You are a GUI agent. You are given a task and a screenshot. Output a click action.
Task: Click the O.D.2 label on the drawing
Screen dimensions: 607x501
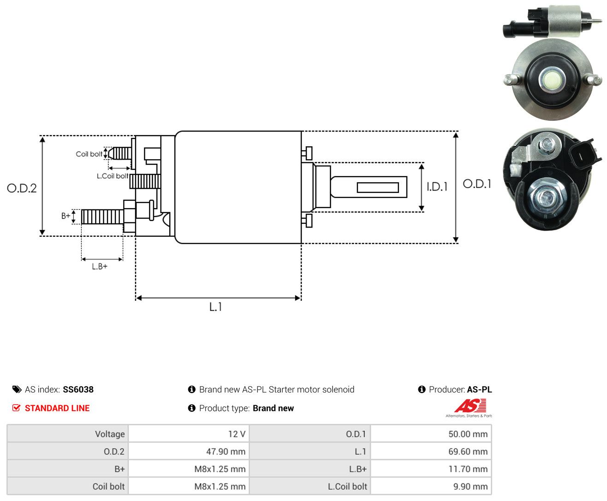(22, 188)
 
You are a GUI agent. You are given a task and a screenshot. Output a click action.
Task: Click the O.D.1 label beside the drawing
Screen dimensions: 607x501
(477, 184)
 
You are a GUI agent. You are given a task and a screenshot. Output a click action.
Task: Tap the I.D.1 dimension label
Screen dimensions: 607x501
(437, 187)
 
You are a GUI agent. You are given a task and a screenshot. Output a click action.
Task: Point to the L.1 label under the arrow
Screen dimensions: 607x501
(216, 307)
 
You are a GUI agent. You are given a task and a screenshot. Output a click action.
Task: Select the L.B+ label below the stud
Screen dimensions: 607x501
(100, 266)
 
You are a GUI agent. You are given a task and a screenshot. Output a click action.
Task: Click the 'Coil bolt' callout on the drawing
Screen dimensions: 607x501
(89, 154)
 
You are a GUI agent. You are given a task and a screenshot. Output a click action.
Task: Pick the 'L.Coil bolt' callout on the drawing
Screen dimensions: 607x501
(112, 176)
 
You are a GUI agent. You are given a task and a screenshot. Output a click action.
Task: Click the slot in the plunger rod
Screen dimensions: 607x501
(378, 188)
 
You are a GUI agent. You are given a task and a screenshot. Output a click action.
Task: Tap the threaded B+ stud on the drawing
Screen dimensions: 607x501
(102, 217)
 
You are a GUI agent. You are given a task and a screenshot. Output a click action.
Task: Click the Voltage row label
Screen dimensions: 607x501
(110, 434)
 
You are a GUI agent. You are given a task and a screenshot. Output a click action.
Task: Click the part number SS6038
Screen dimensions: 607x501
(78, 389)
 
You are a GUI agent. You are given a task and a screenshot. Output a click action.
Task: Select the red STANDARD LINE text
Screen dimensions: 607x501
(57, 408)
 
